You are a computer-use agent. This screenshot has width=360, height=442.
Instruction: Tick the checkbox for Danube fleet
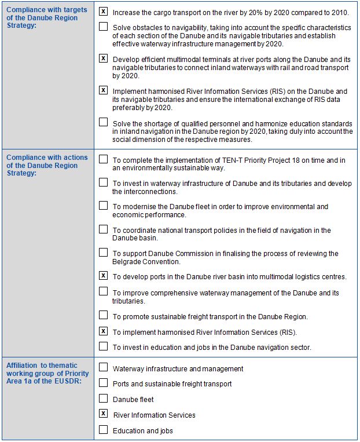pyautogui.click(x=103, y=399)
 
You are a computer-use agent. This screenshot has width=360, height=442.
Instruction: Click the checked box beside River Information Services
pyautogui.click(x=103, y=414)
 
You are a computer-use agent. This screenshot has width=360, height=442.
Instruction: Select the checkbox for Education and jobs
pyautogui.click(x=103, y=430)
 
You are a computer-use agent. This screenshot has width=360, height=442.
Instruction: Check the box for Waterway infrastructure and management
pyautogui.click(x=103, y=367)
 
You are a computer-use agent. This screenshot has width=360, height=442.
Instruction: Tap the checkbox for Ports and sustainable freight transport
pyautogui.click(x=103, y=383)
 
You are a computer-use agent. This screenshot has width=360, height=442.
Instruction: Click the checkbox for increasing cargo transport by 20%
pyautogui.click(x=103, y=11)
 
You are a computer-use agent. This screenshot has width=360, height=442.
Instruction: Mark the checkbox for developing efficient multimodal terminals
pyautogui.click(x=103, y=59)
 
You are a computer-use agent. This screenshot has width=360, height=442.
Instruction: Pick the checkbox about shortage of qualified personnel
pyautogui.click(x=103, y=122)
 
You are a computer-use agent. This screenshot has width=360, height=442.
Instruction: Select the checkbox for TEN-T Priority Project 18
pyautogui.click(x=103, y=159)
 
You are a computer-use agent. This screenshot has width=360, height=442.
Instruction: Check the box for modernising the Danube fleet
pyautogui.click(x=103, y=206)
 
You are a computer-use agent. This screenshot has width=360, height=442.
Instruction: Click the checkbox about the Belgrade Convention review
pyautogui.click(x=103, y=253)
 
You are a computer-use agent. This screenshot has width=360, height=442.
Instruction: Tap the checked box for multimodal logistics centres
pyautogui.click(x=103, y=276)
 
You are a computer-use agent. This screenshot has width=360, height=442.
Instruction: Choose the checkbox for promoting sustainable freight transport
pyautogui.click(x=103, y=315)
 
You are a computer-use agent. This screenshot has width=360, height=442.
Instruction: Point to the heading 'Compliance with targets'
pyautogui.click(x=46, y=10)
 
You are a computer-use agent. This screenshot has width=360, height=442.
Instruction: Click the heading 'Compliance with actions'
pyautogui.click(x=46, y=158)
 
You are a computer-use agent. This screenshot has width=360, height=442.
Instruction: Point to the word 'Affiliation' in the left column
pyautogui.click(x=23, y=365)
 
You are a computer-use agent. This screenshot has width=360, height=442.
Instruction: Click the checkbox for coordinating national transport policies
pyautogui.click(x=103, y=229)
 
